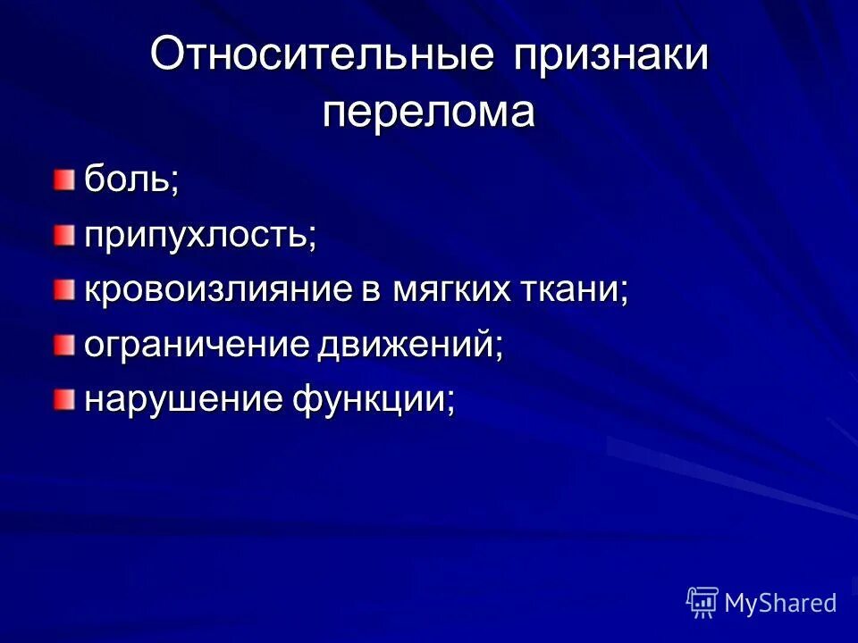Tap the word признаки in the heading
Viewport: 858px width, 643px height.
click(611, 56)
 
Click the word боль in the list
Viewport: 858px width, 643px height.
click(126, 181)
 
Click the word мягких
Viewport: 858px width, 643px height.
click(444, 290)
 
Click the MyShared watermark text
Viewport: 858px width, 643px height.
click(780, 603)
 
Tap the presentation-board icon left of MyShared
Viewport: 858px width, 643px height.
click(702, 603)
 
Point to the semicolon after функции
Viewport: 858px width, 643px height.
click(450, 404)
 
